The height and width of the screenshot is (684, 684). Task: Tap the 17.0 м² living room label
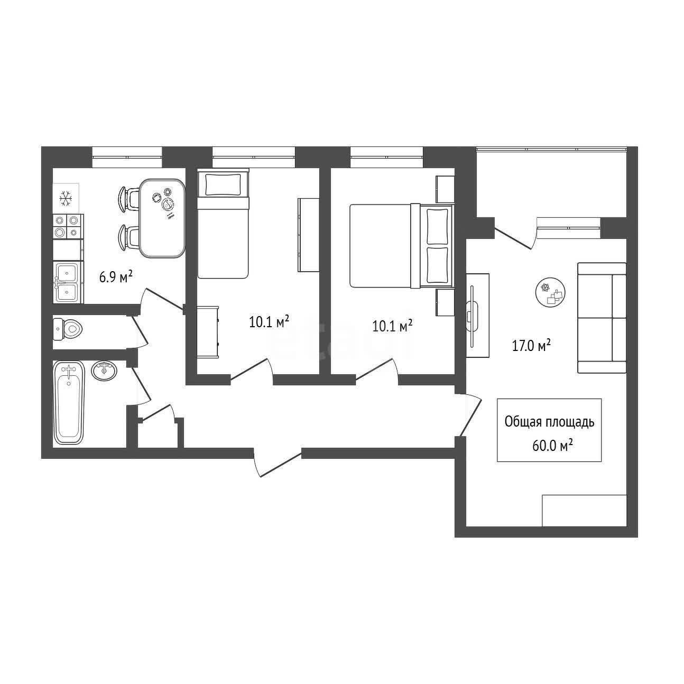click(x=531, y=345)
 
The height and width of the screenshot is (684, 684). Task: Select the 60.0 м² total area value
click(x=553, y=445)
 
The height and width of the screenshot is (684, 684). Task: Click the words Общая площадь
click(x=549, y=422)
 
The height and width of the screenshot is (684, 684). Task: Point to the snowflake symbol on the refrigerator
click(x=66, y=198)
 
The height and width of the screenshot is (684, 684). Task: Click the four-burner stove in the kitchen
click(x=68, y=226)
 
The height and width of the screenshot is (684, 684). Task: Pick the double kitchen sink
click(x=68, y=282)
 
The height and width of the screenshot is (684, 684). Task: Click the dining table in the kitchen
click(x=162, y=218)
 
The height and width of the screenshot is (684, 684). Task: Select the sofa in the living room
click(x=602, y=318)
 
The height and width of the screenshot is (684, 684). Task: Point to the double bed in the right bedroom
click(x=402, y=246)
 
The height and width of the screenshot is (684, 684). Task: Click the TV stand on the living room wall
click(x=477, y=315)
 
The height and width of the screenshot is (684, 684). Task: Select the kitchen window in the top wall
click(x=127, y=156)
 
